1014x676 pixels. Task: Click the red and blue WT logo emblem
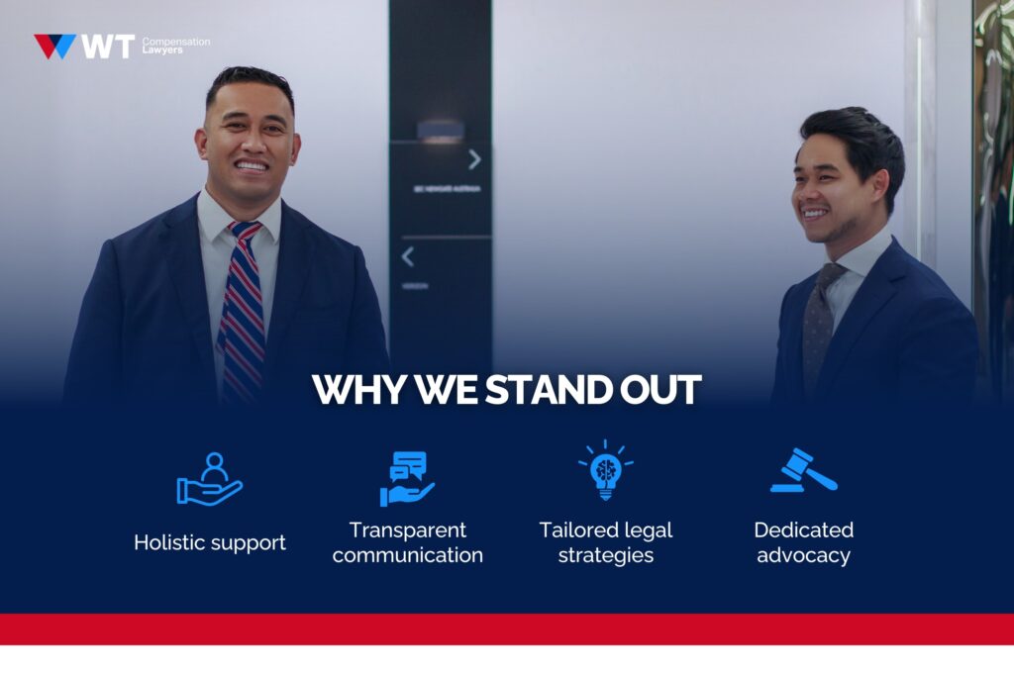55,46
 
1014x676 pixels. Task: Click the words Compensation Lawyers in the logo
175,46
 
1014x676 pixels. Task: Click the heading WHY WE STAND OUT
506,389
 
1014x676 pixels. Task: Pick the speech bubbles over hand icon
407,479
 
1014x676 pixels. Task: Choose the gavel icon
803,471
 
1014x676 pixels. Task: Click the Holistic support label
210,542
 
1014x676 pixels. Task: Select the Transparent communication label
408,542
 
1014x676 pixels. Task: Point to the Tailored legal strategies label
606,542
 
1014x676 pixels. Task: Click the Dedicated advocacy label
803,542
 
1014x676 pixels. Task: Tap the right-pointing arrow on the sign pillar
474,159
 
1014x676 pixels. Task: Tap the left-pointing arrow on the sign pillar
407,256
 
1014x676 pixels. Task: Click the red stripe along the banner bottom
507,628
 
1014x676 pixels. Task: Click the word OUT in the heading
663,389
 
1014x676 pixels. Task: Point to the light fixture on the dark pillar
440,131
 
